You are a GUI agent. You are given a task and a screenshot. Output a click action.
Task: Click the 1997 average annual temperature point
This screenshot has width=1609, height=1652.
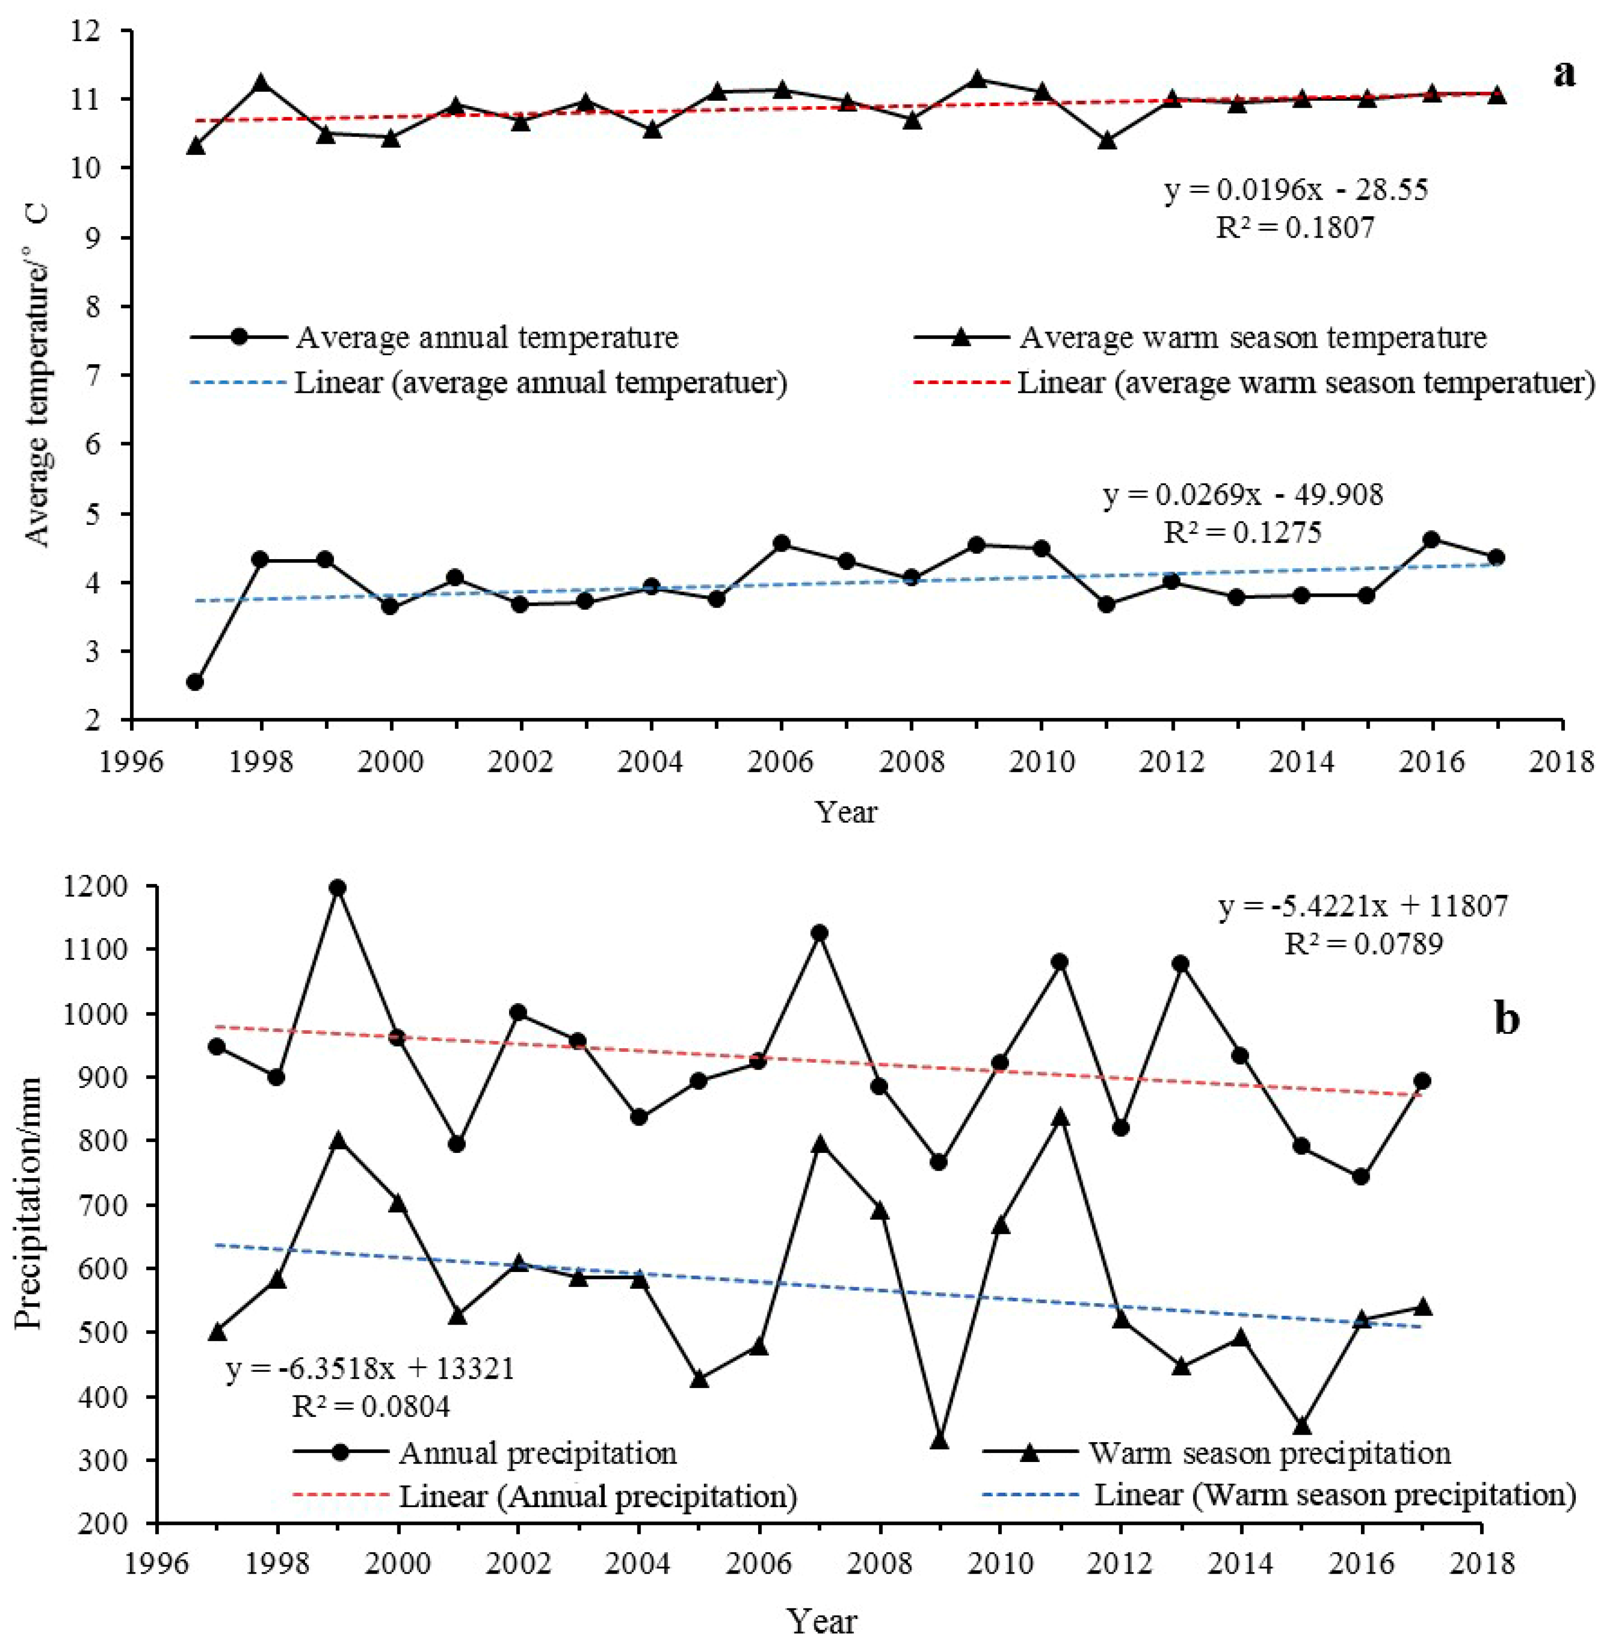tap(195, 682)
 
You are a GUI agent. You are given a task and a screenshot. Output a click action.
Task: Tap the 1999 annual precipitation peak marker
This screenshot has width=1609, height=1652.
tap(337, 887)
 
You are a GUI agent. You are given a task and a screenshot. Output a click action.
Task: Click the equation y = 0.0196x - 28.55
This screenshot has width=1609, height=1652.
tap(1296, 190)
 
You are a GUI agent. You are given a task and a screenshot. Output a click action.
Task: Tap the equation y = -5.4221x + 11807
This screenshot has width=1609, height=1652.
tap(1362, 907)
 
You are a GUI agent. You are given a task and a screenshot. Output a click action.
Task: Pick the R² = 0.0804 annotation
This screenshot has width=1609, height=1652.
tap(370, 1407)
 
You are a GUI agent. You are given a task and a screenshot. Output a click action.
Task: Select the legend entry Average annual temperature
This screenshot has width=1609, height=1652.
tap(486, 338)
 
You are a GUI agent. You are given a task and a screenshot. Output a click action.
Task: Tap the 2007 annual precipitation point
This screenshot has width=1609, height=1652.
tap(819, 933)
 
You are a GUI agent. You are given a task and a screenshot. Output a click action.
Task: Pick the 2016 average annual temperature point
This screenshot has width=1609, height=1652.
tap(1431, 539)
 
